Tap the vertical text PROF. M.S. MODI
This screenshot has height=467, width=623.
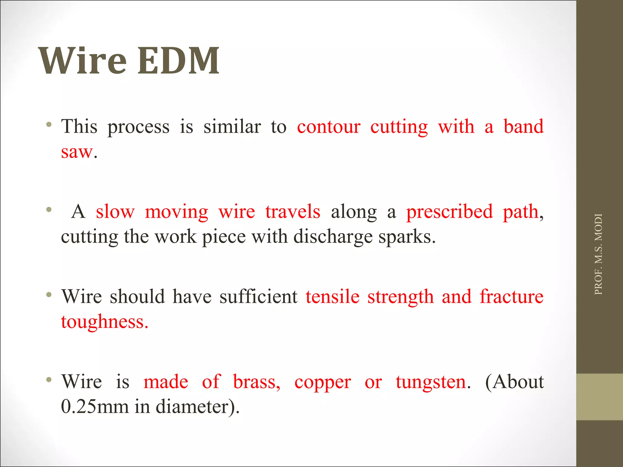click(598, 254)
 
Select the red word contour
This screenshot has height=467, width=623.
click(329, 127)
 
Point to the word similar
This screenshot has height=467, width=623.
click(232, 127)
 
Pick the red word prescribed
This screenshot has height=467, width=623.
click(449, 212)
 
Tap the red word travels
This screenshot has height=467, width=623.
click(293, 212)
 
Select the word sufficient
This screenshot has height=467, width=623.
click(258, 297)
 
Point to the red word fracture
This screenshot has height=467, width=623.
click(511, 297)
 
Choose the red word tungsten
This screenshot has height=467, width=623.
click(431, 382)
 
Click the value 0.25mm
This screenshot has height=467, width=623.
click(95, 407)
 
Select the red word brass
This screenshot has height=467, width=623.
click(256, 382)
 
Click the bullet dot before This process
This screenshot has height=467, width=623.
click(49, 124)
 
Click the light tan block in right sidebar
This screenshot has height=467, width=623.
click(599, 397)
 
